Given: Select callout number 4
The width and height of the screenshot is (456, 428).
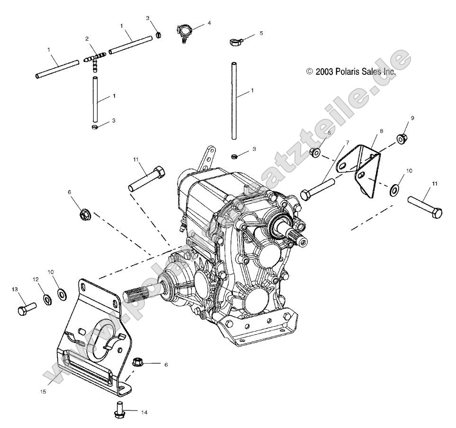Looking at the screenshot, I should click(209, 22).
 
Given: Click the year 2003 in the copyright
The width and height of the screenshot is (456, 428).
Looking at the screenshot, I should click(324, 72).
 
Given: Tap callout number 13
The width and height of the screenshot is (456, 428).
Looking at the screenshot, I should click(14, 289).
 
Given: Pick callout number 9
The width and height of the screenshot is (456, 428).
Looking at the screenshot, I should click(412, 118).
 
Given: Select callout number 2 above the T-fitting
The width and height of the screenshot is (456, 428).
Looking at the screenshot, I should click(87, 39).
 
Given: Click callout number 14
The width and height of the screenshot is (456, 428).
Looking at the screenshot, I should click(144, 413).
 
